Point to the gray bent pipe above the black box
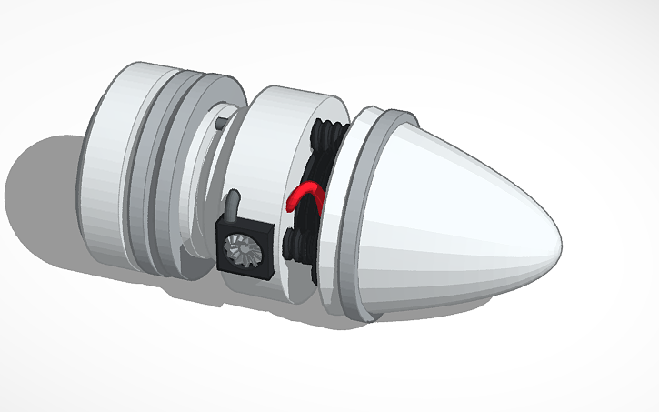[234, 204]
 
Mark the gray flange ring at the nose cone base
[355, 218]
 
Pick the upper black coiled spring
[325, 142]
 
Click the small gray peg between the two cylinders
[224, 118]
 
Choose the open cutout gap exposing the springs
[314, 218]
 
